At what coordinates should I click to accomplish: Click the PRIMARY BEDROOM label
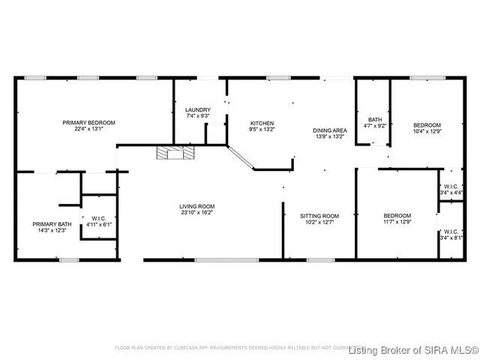click(89, 122)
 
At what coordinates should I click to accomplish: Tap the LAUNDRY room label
click(197, 110)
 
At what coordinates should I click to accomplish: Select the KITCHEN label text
click(262, 123)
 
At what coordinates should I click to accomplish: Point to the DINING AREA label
click(330, 130)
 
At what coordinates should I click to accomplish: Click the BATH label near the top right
click(375, 119)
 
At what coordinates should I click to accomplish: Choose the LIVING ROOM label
click(196, 206)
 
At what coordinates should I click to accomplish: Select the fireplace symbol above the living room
click(174, 153)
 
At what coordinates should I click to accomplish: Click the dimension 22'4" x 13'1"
click(89, 129)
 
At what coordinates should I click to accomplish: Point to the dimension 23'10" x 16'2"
click(196, 213)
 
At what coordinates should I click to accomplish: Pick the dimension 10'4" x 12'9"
click(427, 132)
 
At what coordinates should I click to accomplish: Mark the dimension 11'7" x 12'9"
click(397, 222)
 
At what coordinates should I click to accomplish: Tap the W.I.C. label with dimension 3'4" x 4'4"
click(451, 186)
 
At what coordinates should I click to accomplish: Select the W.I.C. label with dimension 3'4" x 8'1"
click(451, 231)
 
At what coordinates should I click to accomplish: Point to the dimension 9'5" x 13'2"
click(262, 130)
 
